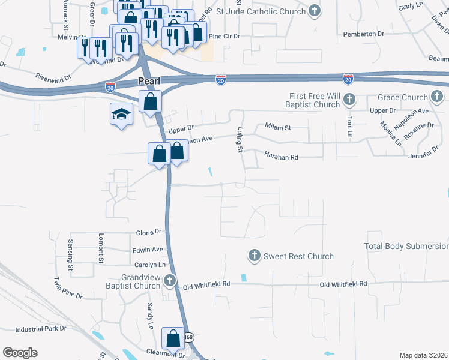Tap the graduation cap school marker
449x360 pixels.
[x=121, y=113]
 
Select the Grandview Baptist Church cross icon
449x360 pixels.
[x=170, y=280]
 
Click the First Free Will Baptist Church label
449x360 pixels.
[x=315, y=101]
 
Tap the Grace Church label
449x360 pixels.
[x=402, y=97]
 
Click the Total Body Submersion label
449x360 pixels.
[x=406, y=246]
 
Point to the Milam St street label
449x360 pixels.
[x=278, y=127]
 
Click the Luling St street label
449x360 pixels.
[x=239, y=139]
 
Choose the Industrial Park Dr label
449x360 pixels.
[x=40, y=329]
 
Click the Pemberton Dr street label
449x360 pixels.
[x=363, y=34]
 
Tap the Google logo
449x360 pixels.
[x=20, y=353]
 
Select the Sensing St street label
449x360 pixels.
[x=70, y=254]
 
